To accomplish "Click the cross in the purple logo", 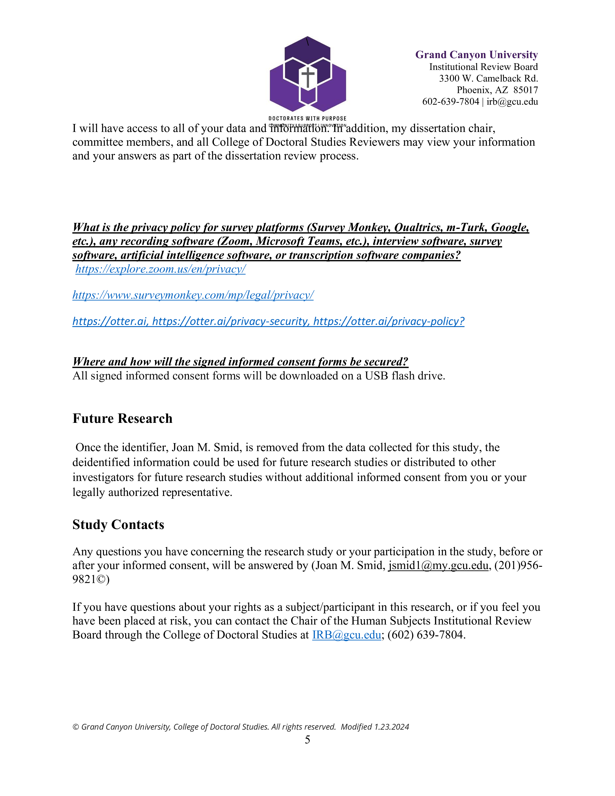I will pos(308,77).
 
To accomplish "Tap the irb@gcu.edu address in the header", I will pos(512,102).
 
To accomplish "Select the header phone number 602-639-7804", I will pos(450,102).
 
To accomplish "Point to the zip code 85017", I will pos(526,90).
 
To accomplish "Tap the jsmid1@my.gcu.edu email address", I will pos(438,565).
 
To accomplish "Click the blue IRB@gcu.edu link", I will pos(347,635).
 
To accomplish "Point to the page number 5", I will pos(307,740).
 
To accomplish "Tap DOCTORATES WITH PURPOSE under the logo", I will pos(307,118).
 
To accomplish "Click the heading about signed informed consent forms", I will pos(240,362).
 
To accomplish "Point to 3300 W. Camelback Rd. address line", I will pos(488,78).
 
